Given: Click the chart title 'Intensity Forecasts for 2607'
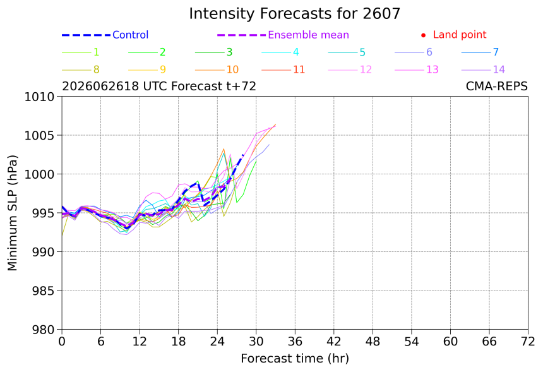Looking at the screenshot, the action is pos(295,14).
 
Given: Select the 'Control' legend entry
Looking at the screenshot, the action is pos(105,35).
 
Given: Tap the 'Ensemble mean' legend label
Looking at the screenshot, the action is pos(308,35).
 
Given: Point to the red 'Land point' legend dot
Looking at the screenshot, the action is pos(423,35).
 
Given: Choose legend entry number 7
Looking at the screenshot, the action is pos(480,52).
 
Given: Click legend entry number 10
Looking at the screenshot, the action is pos(217,69).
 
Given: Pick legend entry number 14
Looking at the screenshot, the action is pos(483,69).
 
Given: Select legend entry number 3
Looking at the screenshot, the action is pos(213,52).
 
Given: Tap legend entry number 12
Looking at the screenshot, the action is pos(350,69).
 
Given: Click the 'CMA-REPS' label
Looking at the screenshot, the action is pos(497,86).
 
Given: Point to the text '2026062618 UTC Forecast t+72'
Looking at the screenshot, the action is pos(159,86).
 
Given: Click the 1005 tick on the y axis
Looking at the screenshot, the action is pos(39,135).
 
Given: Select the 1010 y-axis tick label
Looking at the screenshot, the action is pos(39,97).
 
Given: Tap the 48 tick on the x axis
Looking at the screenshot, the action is pos(373,342).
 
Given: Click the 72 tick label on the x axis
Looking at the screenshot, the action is pos(528,342).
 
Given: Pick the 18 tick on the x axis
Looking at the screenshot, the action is pos(178,342).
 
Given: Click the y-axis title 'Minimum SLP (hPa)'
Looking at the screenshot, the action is pos(12,213).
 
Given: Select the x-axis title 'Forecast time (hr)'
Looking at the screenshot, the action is pos(295,359).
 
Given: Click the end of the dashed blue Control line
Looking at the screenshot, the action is pos(244,155).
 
